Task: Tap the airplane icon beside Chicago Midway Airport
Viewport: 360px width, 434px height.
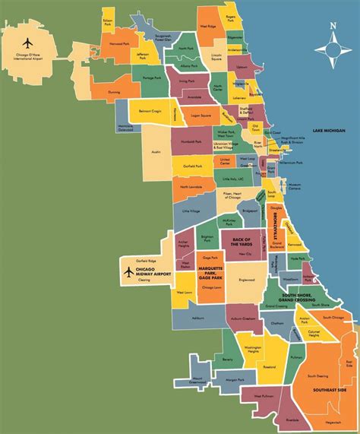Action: (127, 271)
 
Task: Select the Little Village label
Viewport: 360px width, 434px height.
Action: (190, 205)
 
